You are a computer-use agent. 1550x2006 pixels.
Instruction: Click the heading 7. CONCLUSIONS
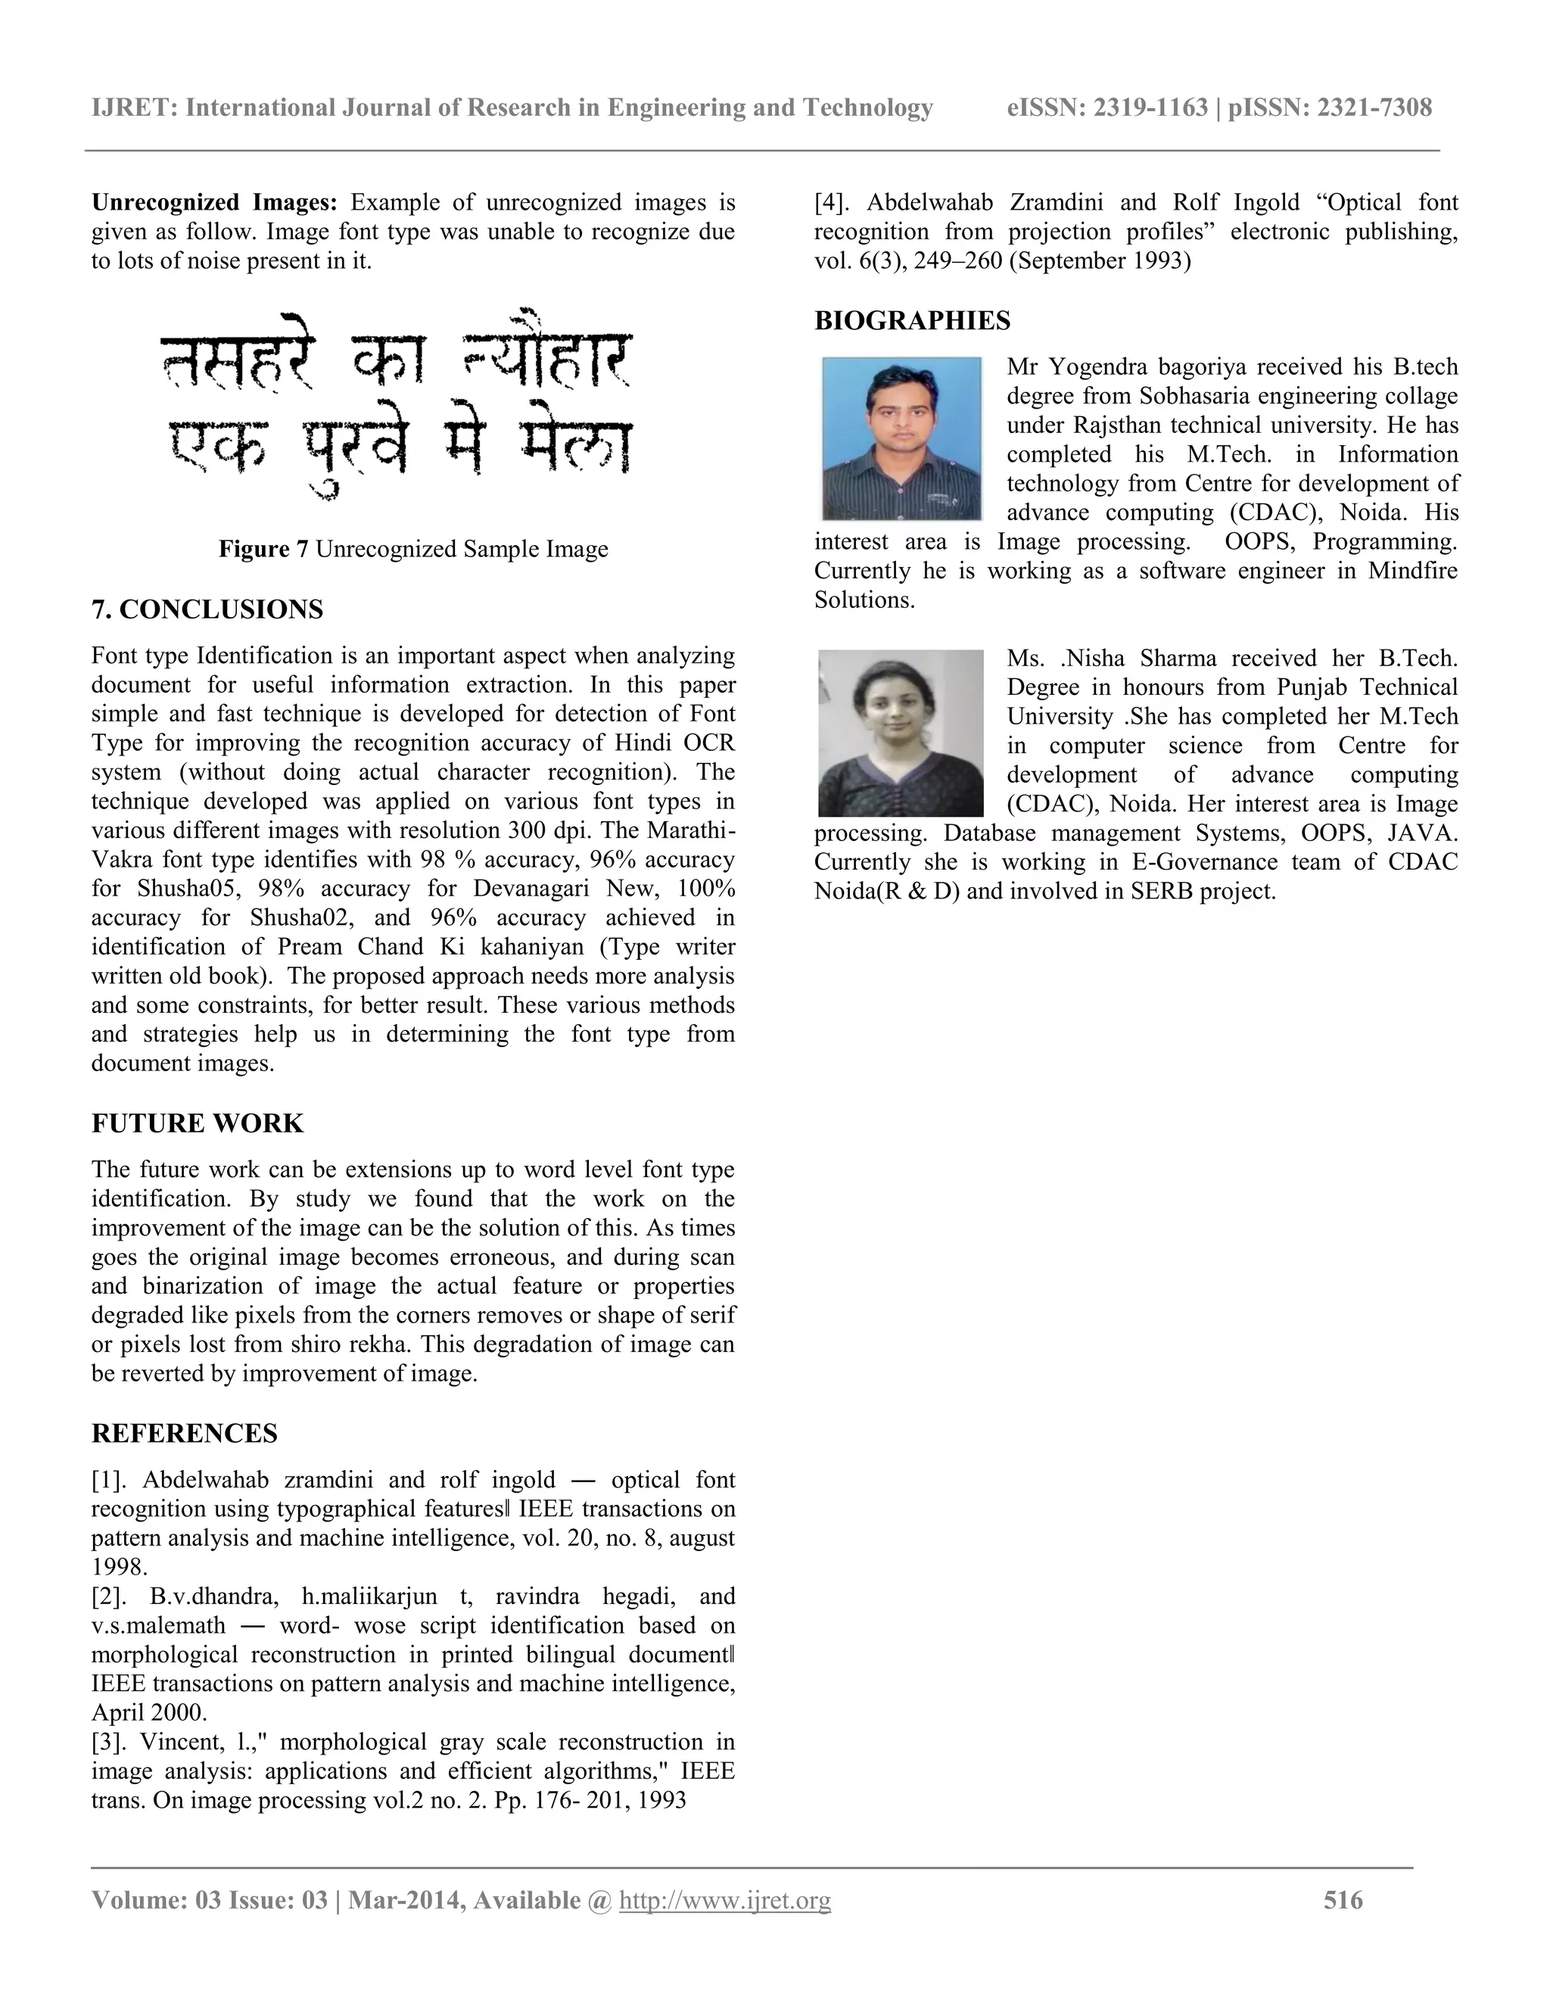[207, 610]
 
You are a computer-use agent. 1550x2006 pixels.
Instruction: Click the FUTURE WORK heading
[198, 1123]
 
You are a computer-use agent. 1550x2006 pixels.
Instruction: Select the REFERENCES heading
[185, 1433]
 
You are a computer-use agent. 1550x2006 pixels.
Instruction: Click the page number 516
[1343, 1900]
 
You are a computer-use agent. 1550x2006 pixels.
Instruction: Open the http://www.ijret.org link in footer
[724, 1900]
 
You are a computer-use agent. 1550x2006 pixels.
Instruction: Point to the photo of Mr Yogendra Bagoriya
[901, 439]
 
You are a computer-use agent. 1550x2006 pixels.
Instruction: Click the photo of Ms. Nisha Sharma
[900, 733]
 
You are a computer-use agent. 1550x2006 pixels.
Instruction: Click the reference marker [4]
[833, 202]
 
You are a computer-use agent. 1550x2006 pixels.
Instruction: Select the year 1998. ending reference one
[120, 1567]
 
